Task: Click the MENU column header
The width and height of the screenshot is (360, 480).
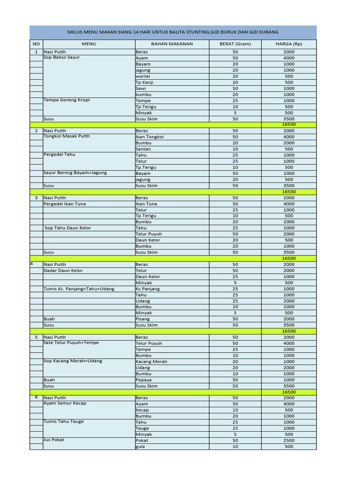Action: (x=89, y=44)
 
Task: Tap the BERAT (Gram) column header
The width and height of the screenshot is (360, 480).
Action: (x=235, y=44)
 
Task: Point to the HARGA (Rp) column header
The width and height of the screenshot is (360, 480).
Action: (x=289, y=44)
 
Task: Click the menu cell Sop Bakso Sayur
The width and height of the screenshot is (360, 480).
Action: (x=61, y=57)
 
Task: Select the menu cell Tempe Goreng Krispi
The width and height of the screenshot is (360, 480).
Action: (x=66, y=100)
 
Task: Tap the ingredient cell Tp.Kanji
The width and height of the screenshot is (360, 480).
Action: (x=144, y=82)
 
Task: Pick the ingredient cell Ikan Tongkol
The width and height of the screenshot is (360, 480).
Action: (x=150, y=137)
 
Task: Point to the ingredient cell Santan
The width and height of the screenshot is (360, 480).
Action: (x=143, y=149)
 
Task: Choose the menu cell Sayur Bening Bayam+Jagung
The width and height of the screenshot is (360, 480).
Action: (x=75, y=172)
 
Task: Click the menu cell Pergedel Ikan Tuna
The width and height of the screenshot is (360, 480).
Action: (x=65, y=204)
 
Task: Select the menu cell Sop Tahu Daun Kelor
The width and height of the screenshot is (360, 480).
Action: (x=67, y=228)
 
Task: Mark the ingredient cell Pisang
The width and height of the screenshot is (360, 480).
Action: (x=142, y=319)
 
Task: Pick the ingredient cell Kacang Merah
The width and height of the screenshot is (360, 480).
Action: (x=151, y=361)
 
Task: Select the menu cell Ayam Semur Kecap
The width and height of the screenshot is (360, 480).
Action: (x=65, y=403)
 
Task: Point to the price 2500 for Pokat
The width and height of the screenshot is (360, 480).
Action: (x=289, y=440)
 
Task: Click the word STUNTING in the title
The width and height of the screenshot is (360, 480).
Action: (x=197, y=32)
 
